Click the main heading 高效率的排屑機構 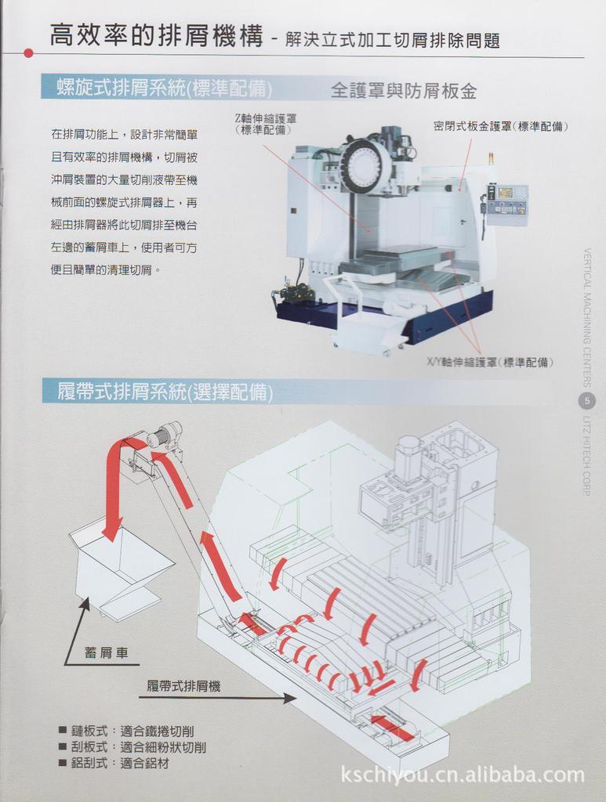157,36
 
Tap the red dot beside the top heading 29,53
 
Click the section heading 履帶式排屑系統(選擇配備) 165,391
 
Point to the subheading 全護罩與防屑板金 404,90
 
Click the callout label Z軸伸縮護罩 265,124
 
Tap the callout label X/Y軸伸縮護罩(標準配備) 489,362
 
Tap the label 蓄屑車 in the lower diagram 106,652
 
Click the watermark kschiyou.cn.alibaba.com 463,775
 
